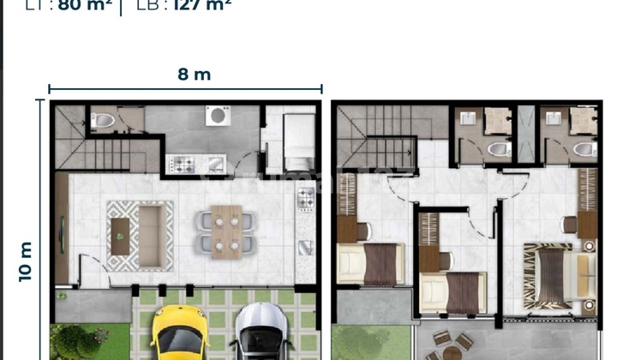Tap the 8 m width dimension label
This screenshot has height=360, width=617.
[195, 75]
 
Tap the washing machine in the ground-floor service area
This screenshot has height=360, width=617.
[218, 116]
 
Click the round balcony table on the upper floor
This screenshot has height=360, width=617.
[452, 352]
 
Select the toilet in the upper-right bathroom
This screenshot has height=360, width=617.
[584, 150]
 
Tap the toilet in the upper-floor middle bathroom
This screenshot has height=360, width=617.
[498, 150]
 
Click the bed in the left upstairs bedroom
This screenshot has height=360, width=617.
[369, 262]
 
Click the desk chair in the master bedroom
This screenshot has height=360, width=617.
[568, 223]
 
